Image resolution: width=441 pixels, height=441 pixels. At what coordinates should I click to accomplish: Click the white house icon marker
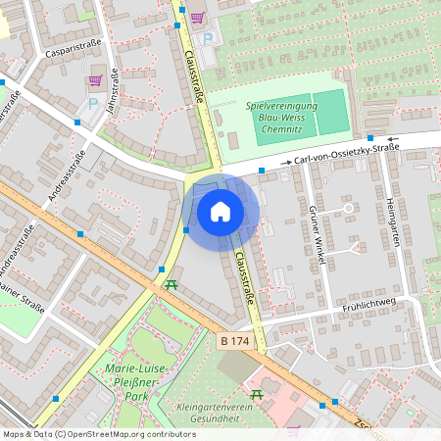pyautogui.click(x=220, y=211)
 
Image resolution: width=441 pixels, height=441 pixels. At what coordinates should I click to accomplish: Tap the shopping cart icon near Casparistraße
pyautogui.click(x=95, y=80)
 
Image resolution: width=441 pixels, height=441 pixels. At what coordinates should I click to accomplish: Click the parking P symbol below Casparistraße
pyautogui.click(x=93, y=101)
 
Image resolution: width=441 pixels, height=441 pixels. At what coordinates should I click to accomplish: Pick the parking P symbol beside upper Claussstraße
pyautogui.click(x=207, y=38)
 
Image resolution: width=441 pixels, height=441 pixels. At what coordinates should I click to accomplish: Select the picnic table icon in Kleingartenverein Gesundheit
pyautogui.click(x=257, y=394)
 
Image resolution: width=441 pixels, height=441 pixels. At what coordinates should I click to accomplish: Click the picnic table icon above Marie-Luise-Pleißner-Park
pyautogui.click(x=171, y=285)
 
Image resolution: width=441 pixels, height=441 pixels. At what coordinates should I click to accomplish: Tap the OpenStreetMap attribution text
pyautogui.click(x=98, y=434)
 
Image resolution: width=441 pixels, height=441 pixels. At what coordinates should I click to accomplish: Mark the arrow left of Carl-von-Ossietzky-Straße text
pyautogui.click(x=286, y=161)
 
